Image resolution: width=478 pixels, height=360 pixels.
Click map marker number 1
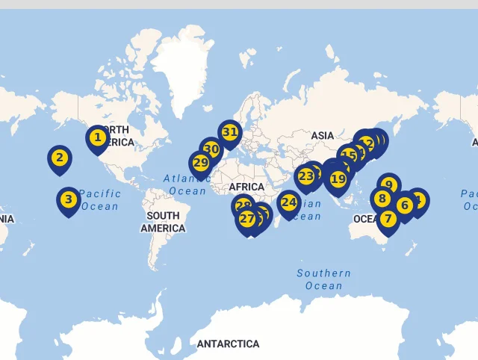pyautogui.click(x=97, y=138)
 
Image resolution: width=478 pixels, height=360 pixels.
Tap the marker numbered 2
pyautogui.click(x=60, y=158)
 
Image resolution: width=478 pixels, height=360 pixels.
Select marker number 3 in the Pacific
pyautogui.click(x=68, y=199)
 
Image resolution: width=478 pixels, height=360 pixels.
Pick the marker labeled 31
pyautogui.click(x=229, y=133)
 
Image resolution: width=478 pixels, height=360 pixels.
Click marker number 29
pyautogui.click(x=200, y=163)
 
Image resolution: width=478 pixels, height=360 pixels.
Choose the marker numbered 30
pyautogui.click(x=211, y=149)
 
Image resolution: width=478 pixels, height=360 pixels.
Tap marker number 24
pyautogui.click(x=288, y=202)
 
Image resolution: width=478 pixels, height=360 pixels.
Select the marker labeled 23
pyautogui.click(x=305, y=177)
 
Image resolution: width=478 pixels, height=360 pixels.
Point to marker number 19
pyautogui.click(x=338, y=179)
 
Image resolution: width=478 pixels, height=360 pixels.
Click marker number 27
pyautogui.click(x=246, y=219)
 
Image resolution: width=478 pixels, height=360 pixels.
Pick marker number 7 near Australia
pyautogui.click(x=388, y=220)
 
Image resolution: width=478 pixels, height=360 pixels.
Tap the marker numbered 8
pyautogui.click(x=382, y=199)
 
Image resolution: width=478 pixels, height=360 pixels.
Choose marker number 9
pyautogui.click(x=388, y=184)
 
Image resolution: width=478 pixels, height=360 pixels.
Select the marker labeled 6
pyautogui.click(x=405, y=205)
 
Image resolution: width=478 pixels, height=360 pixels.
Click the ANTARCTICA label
pyautogui.click(x=228, y=344)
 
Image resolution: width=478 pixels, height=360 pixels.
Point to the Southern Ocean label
pyautogui.click(x=323, y=279)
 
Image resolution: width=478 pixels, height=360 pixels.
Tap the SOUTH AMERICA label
pyautogui.click(x=163, y=222)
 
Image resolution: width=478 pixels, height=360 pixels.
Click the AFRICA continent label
pyautogui.click(x=246, y=187)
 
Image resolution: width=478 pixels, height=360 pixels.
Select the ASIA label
pyautogui.click(x=323, y=136)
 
